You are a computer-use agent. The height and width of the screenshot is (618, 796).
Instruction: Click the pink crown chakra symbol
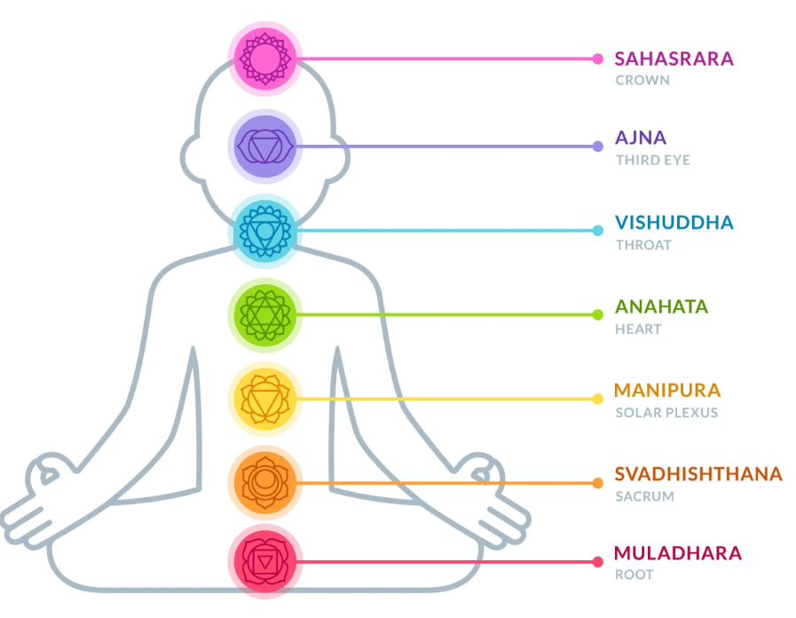click(264, 59)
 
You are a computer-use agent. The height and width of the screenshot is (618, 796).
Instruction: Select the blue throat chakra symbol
click(264, 231)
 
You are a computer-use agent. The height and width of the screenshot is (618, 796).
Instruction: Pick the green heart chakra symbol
click(264, 314)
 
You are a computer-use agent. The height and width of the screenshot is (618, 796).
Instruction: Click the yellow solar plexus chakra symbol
click(264, 399)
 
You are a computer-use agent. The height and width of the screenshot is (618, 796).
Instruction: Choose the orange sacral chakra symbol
click(264, 483)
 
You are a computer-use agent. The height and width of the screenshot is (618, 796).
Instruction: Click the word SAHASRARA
click(674, 59)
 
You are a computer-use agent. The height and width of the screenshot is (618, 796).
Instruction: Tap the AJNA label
click(640, 139)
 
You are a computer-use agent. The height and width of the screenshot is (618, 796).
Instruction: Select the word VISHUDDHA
click(674, 222)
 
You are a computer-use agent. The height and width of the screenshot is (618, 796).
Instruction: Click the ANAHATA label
click(661, 307)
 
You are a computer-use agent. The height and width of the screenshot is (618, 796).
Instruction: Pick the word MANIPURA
click(666, 391)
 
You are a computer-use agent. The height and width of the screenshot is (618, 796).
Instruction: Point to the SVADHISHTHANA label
click(698, 474)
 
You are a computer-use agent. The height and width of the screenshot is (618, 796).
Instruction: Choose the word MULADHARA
click(677, 553)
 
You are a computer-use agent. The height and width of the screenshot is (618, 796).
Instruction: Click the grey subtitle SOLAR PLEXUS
click(666, 412)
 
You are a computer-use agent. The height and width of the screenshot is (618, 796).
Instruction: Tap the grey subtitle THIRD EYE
click(652, 161)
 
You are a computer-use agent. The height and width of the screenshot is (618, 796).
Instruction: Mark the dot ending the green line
click(598, 314)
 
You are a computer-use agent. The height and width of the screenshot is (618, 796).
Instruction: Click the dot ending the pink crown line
click(598, 59)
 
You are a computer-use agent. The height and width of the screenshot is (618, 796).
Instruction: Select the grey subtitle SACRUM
click(644, 496)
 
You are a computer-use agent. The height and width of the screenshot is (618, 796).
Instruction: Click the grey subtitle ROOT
click(634, 574)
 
